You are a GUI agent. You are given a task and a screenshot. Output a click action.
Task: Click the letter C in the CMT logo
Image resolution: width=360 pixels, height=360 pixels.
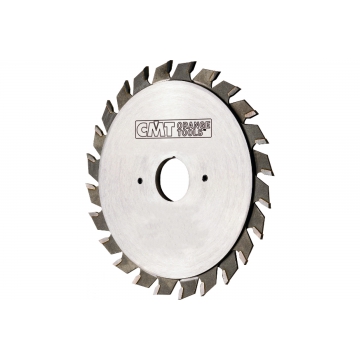tap(142, 129)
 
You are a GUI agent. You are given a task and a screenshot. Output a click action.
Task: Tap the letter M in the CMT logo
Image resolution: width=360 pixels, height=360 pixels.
tap(156, 129)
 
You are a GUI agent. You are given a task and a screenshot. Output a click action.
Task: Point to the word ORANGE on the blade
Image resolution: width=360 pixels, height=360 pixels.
tap(194, 124)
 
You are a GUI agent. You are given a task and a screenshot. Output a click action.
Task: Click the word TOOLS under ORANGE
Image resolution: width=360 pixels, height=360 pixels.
tap(190, 131)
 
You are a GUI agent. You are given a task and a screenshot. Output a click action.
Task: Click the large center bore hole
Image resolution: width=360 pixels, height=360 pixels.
tap(174, 179)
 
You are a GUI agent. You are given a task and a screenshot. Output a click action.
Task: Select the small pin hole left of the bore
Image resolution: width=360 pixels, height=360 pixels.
tap(140, 180)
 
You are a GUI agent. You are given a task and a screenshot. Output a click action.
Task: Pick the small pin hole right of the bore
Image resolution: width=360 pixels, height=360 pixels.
tap(205, 178)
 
